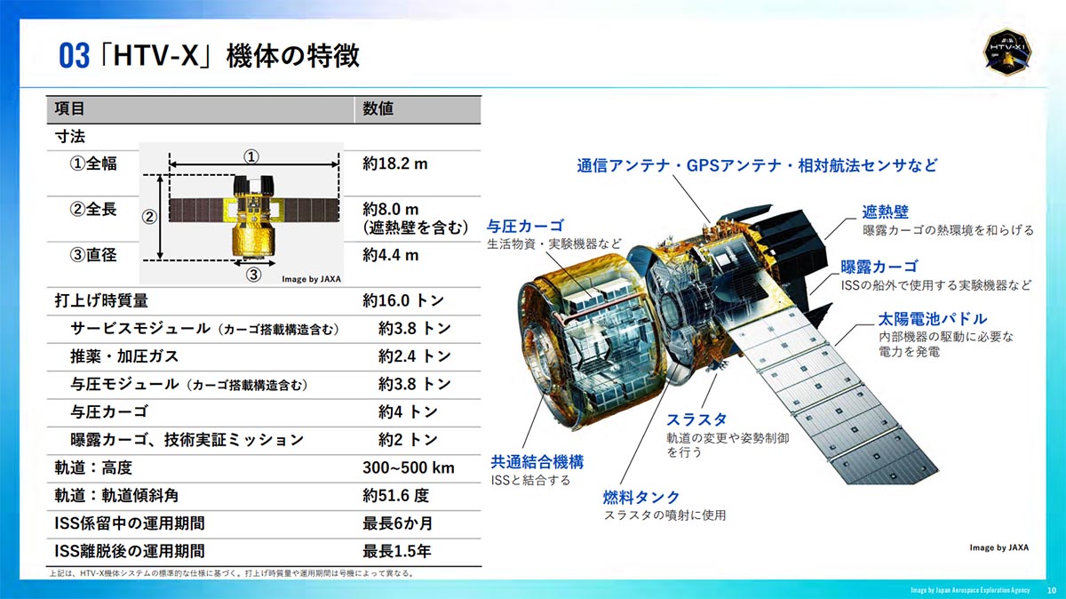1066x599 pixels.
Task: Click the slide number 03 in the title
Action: pos(75,56)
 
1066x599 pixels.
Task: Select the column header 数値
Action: pos(378,109)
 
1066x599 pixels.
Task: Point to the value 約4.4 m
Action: pos(391,255)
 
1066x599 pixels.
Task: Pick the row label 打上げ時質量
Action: pos(101,300)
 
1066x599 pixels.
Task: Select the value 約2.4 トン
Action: pos(414,356)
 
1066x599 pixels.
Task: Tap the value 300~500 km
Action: pos(409,467)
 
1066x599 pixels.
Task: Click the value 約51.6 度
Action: pos(396,495)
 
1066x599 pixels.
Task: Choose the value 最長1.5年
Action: pos(397,551)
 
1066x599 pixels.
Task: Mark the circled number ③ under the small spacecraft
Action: pos(253,276)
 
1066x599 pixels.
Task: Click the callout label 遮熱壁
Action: pos(885,212)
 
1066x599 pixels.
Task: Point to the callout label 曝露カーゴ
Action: pos(879,267)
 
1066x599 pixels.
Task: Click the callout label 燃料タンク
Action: pos(641,497)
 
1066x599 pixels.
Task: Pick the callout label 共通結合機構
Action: pos(537,462)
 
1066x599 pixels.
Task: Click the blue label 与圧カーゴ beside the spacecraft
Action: pos(525,226)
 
